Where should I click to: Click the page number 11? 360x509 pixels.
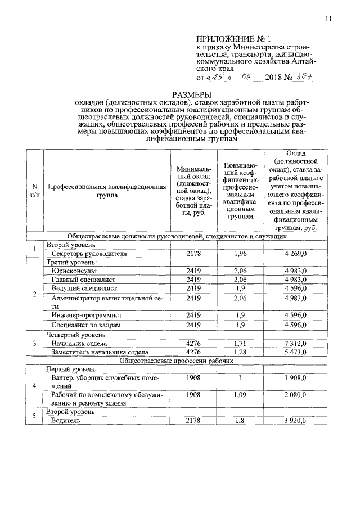coord(328,19)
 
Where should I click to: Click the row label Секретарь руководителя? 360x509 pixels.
coord(87,254)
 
